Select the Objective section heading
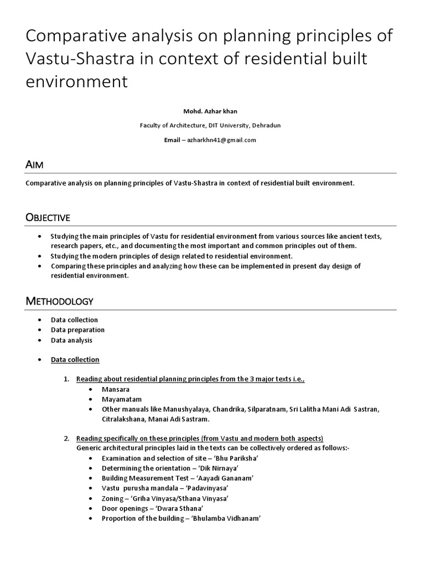tap(48, 218)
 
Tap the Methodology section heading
tap(59, 301)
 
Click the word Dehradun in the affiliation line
tap(266, 125)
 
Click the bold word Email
tap(172, 140)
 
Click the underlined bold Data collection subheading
tap(75, 359)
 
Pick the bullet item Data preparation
tap(78, 330)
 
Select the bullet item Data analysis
tap(72, 340)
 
